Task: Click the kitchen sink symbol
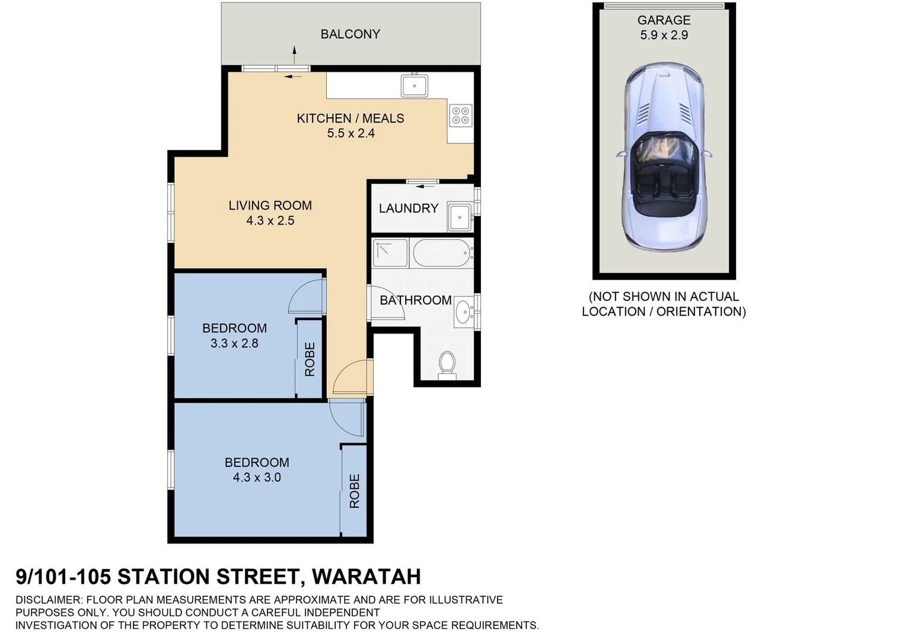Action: pyautogui.click(x=414, y=86)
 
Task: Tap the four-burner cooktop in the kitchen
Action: pyautogui.click(x=460, y=115)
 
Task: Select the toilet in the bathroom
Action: pyautogui.click(x=447, y=364)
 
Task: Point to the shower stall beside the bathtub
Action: pyautogui.click(x=390, y=253)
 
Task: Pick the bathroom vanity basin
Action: pyautogui.click(x=463, y=311)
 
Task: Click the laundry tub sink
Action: pyautogui.click(x=460, y=217)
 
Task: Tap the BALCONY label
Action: pyautogui.click(x=350, y=34)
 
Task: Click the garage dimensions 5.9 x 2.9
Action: pyautogui.click(x=664, y=36)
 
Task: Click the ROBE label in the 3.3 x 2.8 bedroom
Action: pyautogui.click(x=310, y=359)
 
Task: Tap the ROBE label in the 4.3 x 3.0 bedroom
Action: pyautogui.click(x=355, y=491)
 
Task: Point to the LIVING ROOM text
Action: pyautogui.click(x=270, y=206)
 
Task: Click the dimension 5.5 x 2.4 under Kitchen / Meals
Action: pyautogui.click(x=351, y=133)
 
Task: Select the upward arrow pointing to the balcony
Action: pyautogui.click(x=294, y=54)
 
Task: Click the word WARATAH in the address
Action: pyautogui.click(x=366, y=577)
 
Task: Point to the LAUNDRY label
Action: pyautogui.click(x=408, y=209)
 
